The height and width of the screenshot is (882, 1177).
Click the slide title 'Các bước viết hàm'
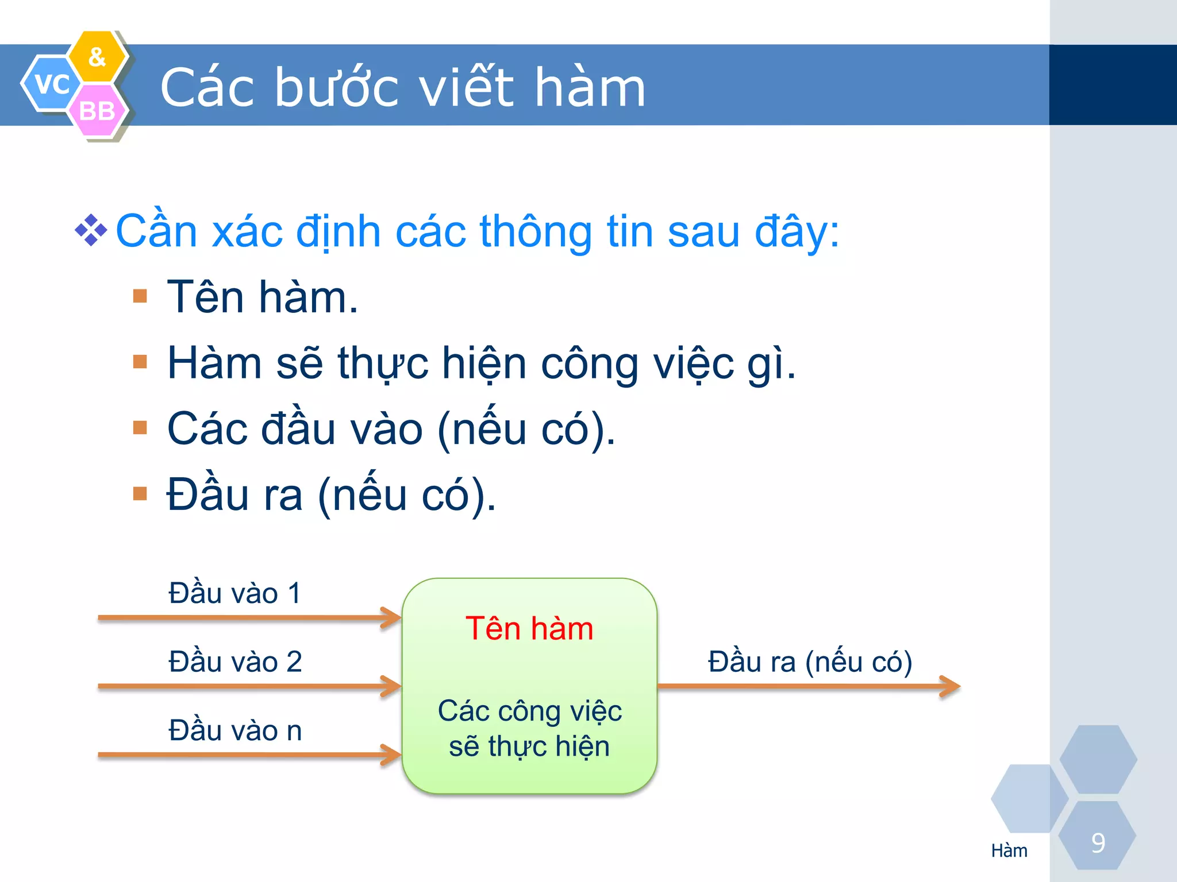[x=402, y=87]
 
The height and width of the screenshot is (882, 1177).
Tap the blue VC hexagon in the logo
[x=51, y=84]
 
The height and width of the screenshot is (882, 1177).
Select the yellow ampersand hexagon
[x=97, y=57]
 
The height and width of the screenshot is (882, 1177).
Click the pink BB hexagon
[x=97, y=111]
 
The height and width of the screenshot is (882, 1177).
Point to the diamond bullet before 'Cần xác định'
[x=91, y=230]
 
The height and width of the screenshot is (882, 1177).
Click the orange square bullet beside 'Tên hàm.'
[x=140, y=296]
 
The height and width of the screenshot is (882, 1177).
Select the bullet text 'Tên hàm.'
[x=262, y=297]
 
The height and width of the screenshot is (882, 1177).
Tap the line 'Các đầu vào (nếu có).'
[x=391, y=429]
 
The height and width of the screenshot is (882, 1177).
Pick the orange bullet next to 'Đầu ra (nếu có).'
[x=140, y=494]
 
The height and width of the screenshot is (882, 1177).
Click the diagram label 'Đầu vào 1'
[x=234, y=593]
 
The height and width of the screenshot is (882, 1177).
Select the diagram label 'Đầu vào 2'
[x=234, y=661]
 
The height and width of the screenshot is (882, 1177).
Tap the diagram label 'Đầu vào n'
[x=234, y=730]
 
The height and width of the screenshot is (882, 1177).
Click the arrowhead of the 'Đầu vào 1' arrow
[x=393, y=618]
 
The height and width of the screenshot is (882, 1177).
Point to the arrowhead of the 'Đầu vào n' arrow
[x=393, y=755]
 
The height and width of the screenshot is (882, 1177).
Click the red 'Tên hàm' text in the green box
[x=529, y=628]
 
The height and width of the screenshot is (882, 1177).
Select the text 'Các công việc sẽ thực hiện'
[x=529, y=728]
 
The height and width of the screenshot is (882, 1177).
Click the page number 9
[x=1098, y=843]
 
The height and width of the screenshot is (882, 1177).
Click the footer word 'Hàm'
[x=1009, y=850]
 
